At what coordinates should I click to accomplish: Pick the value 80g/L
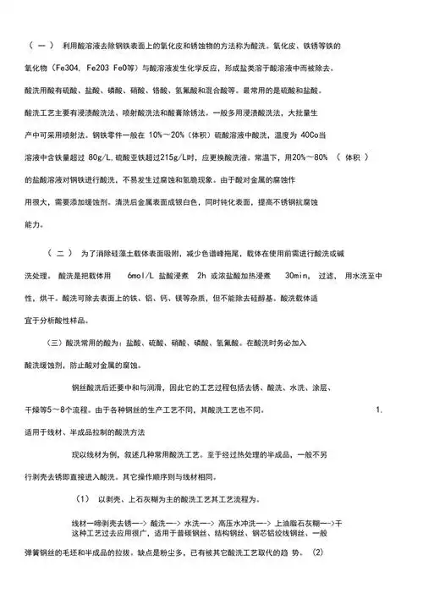104,157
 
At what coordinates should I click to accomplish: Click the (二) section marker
61,253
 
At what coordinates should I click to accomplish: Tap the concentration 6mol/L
144,276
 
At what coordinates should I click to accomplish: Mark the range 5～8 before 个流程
63,409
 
